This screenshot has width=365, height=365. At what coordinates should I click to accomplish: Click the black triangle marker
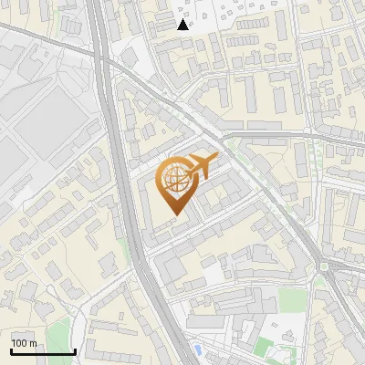pyautogui.click(x=182, y=25)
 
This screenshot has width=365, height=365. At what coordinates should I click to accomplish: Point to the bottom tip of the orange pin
pyautogui.click(x=175, y=215)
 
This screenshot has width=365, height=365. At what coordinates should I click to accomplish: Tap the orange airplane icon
pyautogui.click(x=200, y=168)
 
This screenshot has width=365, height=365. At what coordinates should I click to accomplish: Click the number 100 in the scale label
pyautogui.click(x=19, y=343)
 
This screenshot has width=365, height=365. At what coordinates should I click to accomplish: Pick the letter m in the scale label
pyautogui.click(x=32, y=343)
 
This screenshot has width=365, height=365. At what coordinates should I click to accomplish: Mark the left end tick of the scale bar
pyautogui.click(x=10, y=350)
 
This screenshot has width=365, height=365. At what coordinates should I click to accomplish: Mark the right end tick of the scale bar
pyautogui.click(x=75, y=350)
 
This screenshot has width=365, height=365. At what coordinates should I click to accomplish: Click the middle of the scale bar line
pyautogui.click(x=42, y=352)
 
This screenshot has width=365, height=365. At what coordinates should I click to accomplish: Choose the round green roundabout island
pyautogui.click(x=323, y=267)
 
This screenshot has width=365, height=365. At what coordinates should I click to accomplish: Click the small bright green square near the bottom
pyautogui.click(x=264, y=346)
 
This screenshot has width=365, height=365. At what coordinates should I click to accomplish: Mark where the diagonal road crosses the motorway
pyautogui.click(x=108, y=64)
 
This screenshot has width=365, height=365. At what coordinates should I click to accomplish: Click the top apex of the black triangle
pyautogui.click(x=182, y=19)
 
